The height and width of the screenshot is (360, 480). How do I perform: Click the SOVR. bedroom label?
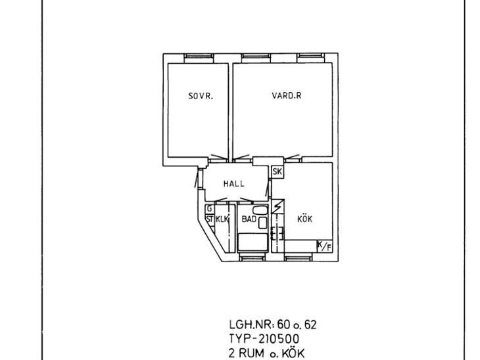[201, 96]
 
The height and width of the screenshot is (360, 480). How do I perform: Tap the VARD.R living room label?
[287, 95]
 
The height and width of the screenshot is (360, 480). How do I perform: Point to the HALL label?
[234, 183]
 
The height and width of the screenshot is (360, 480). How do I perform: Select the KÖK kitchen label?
[305, 219]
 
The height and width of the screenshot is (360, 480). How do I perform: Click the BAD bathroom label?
[249, 219]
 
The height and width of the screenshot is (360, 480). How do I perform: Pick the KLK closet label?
[222, 219]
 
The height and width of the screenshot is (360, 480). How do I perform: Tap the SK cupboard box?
[277, 171]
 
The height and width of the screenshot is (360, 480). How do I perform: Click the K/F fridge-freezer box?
[325, 246]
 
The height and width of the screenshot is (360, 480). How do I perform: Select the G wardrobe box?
[210, 209]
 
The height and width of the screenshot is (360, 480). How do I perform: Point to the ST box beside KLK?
[210, 219]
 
